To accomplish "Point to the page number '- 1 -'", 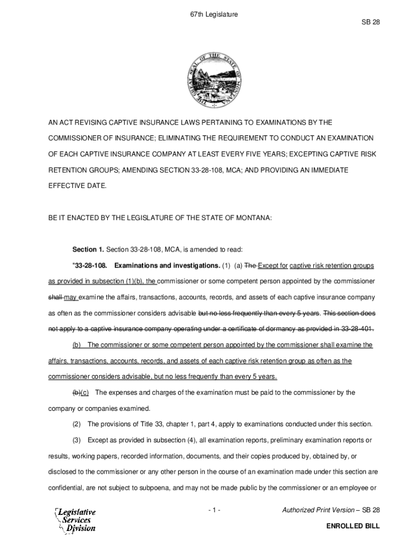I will tap(214, 511).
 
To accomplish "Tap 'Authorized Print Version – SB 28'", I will tap(330, 511).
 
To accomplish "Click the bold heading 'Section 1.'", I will tap(88, 249).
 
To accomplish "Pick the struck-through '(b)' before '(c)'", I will tap(77, 393).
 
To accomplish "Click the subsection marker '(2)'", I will tap(77, 424).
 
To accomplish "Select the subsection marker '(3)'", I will tap(77, 440).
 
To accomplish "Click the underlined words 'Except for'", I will tap(273, 265).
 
